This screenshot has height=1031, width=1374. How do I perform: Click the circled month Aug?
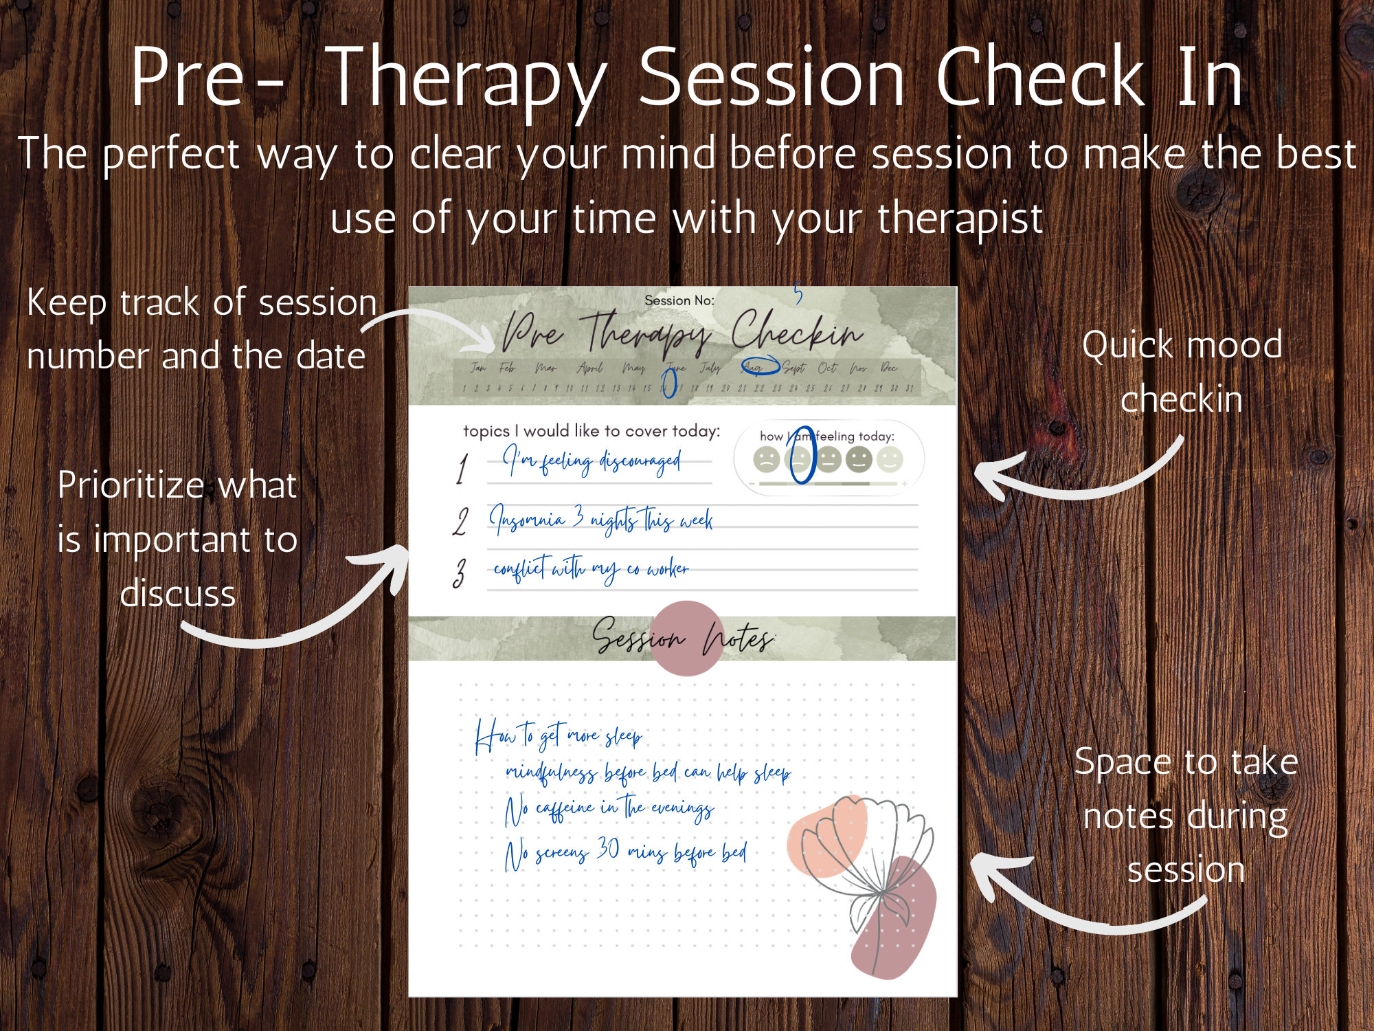click(x=759, y=367)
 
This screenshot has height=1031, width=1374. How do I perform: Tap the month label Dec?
click(x=889, y=368)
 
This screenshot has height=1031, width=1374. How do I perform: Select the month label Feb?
click(x=507, y=368)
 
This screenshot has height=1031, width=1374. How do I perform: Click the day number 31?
click(x=910, y=388)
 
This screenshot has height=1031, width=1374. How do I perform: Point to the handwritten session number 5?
click(x=798, y=293)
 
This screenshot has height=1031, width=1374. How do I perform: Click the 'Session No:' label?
click(x=679, y=300)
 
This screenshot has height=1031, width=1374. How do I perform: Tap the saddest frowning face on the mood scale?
click(x=766, y=459)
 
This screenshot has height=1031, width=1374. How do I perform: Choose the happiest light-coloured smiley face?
click(x=890, y=459)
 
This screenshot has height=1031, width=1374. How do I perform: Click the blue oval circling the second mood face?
click(x=801, y=455)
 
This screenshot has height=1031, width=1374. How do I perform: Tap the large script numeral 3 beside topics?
click(x=459, y=573)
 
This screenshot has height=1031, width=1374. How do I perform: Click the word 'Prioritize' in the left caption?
click(x=131, y=486)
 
